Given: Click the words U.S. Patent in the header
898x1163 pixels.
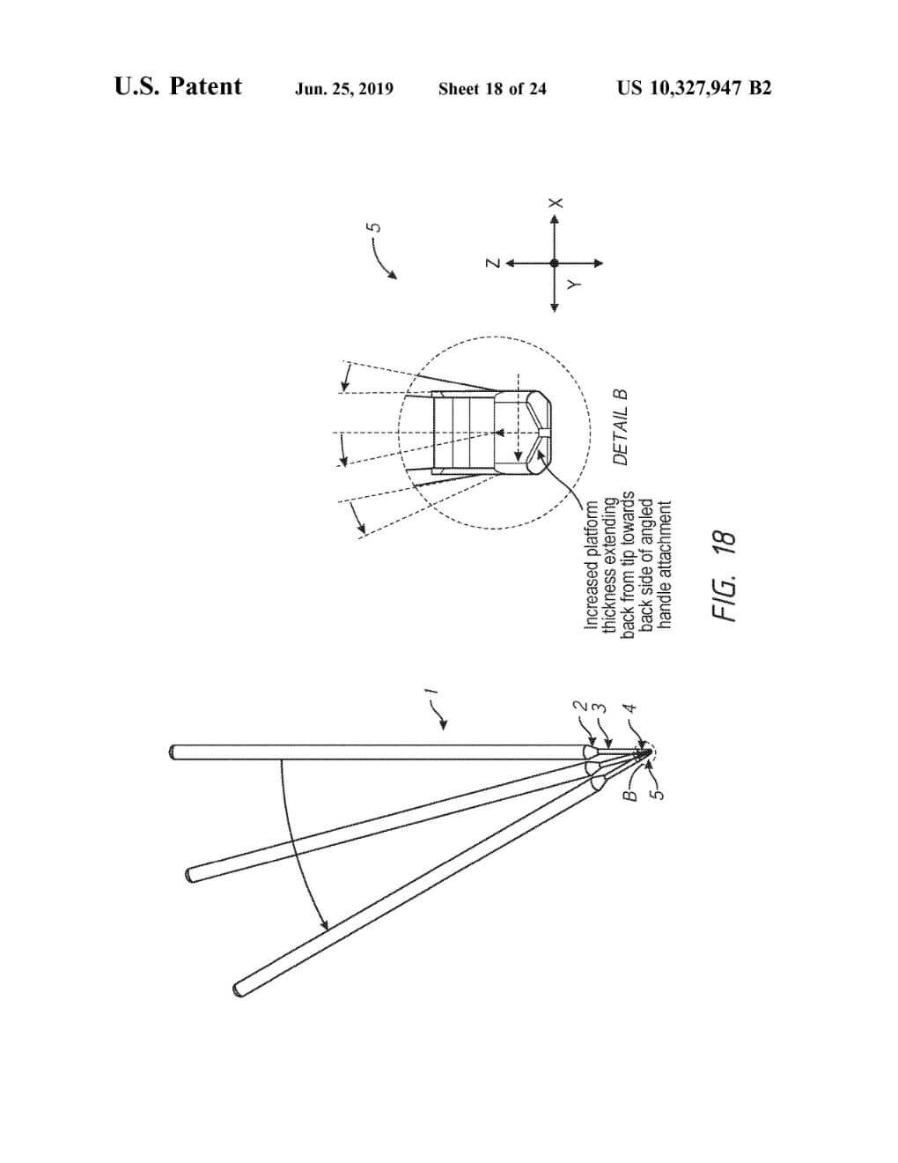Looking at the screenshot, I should pyautogui.click(x=178, y=87).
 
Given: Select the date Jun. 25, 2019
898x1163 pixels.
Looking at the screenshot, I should pyautogui.click(x=344, y=88).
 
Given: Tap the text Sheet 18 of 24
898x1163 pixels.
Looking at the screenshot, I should pyautogui.click(x=492, y=88).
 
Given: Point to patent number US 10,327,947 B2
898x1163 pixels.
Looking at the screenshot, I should pyautogui.click(x=694, y=88).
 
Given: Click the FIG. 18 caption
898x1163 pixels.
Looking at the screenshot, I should pyautogui.click(x=724, y=576).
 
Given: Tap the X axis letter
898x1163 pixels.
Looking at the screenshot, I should pyautogui.click(x=555, y=203).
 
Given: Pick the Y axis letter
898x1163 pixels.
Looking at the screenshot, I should pyautogui.click(x=573, y=284).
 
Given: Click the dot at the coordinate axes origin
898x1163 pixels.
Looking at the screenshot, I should pyautogui.click(x=555, y=263).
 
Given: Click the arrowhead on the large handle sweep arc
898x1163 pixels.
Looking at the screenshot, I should pyautogui.click(x=325, y=926).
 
